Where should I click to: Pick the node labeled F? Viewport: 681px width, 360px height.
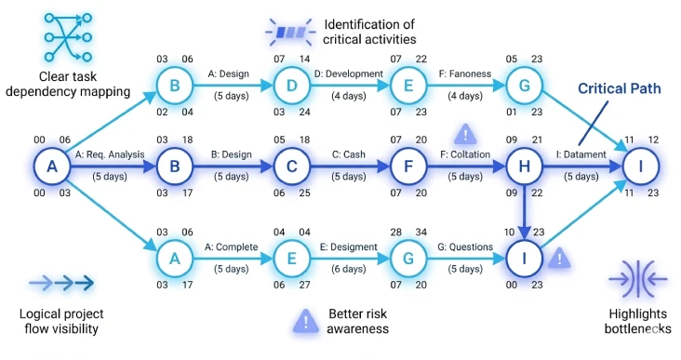click(x=407, y=167)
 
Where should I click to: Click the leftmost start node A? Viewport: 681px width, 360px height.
click(x=52, y=167)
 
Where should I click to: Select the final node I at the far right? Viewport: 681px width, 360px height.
click(x=641, y=167)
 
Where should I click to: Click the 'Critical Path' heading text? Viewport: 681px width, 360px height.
click(x=619, y=88)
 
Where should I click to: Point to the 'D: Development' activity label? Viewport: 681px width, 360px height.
click(x=349, y=73)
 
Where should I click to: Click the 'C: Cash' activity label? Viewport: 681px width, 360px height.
click(x=349, y=154)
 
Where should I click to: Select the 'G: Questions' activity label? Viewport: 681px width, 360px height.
click(x=465, y=247)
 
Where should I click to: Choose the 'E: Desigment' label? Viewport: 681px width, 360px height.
click(x=349, y=247)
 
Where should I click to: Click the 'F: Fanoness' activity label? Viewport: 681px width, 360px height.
click(x=465, y=73)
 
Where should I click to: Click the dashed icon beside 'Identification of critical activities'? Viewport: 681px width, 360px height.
click(x=293, y=33)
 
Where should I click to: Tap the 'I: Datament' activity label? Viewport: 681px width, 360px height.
click(x=581, y=154)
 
